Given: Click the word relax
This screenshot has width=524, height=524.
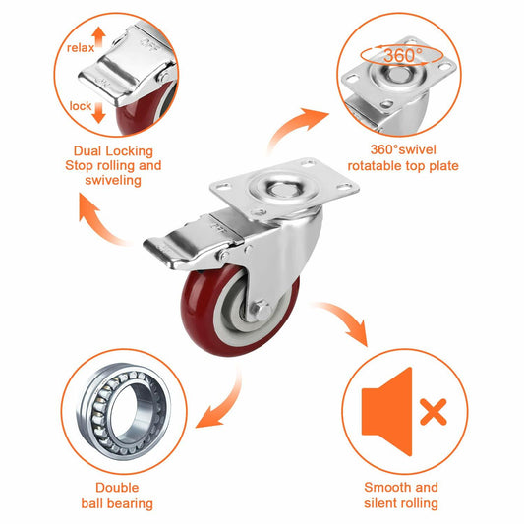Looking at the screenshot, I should click(81, 47).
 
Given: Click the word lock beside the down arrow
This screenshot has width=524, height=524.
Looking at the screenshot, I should click(81, 105).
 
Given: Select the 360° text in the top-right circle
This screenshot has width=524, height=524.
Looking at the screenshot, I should click(400, 56).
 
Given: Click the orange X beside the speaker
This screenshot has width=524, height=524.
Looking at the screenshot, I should click(432, 412).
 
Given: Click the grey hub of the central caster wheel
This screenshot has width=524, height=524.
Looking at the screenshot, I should click(254, 308).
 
